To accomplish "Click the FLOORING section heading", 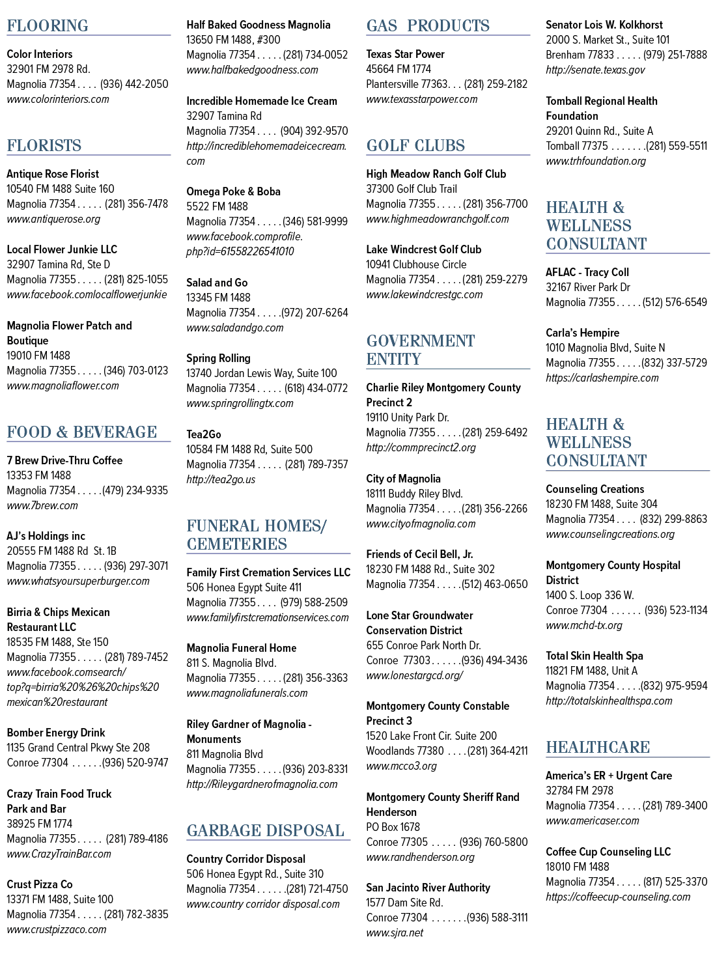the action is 48,25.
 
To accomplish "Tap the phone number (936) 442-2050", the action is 134,84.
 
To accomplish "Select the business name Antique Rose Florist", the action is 53,174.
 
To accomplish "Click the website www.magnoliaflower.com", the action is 63,386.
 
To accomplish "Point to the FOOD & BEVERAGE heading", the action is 81,432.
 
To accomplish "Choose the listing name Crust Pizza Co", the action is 40,884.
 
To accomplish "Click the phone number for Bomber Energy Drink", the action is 135,763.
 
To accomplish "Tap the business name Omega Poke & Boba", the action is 233,191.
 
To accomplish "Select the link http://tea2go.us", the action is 221,479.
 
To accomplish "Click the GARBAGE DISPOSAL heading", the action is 265,830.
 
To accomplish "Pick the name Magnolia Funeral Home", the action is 241,647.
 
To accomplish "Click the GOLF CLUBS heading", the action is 415,145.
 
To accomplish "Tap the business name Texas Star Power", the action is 405,54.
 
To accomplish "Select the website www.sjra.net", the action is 395,933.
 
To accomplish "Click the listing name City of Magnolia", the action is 403,479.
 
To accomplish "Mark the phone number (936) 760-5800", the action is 494,842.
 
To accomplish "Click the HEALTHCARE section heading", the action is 598,747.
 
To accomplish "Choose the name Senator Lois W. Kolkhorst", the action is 604,25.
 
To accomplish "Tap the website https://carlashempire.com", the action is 602,378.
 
